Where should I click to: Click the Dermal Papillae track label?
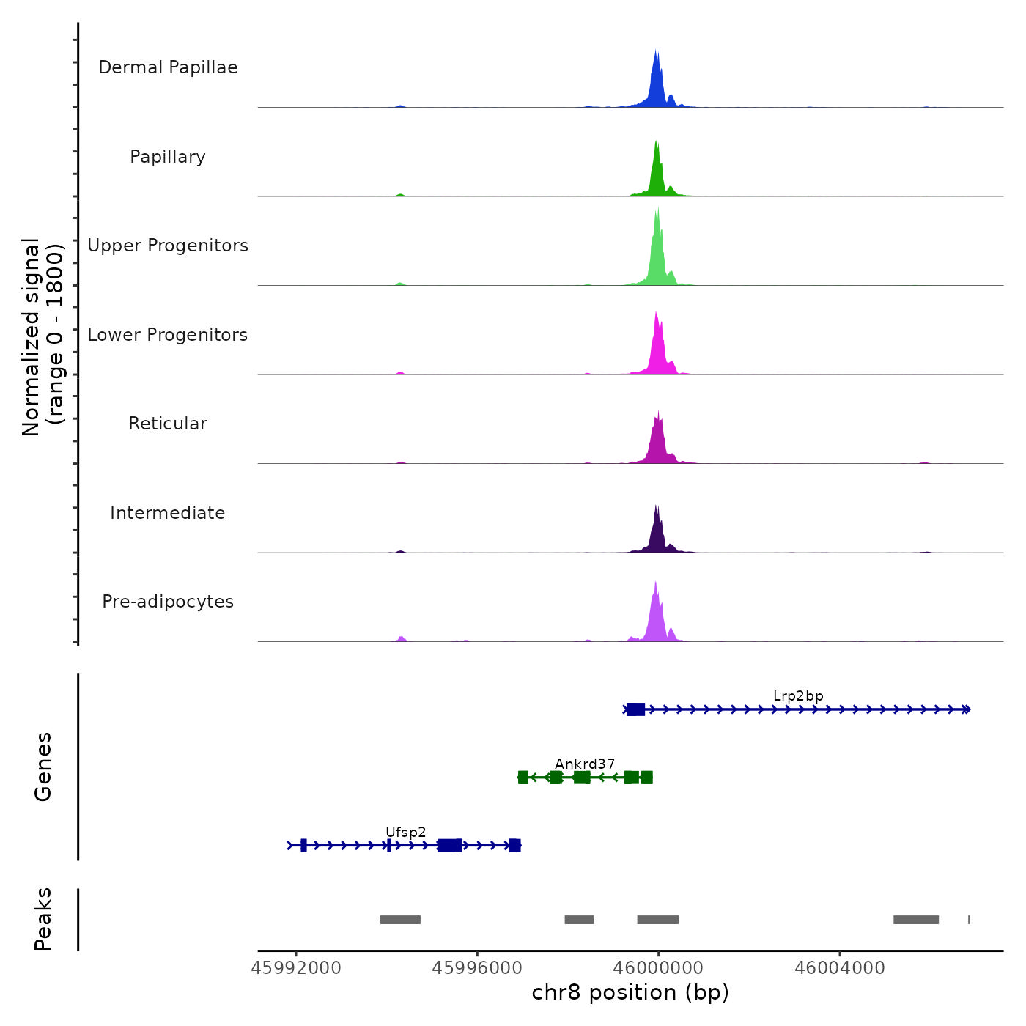(168, 67)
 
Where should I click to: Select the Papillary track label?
(168, 157)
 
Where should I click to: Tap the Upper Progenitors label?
(168, 246)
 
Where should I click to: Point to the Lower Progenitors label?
(168, 335)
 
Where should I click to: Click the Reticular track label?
(168, 424)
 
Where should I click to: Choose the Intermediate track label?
(168, 513)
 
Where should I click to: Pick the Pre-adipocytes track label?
(168, 602)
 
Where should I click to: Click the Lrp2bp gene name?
(798, 696)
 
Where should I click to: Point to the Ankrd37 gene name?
(585, 764)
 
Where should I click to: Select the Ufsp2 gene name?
(406, 833)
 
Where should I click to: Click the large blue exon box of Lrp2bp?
(636, 709)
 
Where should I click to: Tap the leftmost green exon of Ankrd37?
(523, 778)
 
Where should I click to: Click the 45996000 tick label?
(477, 968)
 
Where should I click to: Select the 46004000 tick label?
(840, 968)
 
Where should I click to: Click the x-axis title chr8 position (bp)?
(630, 992)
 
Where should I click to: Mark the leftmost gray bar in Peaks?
(400, 920)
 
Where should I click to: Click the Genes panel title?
(43, 767)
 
